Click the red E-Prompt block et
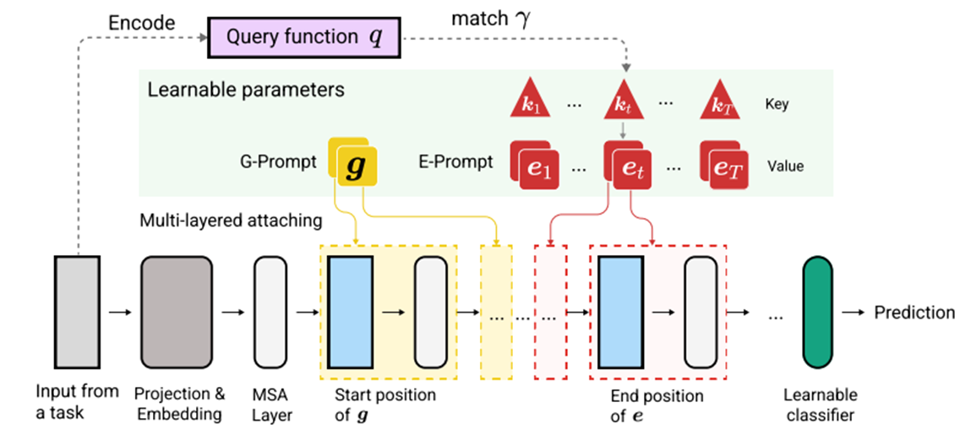(630, 164)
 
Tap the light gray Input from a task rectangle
(77, 313)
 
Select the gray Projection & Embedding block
(175, 313)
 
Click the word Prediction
(914, 313)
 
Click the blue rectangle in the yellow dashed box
(350, 313)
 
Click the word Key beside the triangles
(777, 104)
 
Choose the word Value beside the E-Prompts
(785, 166)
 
